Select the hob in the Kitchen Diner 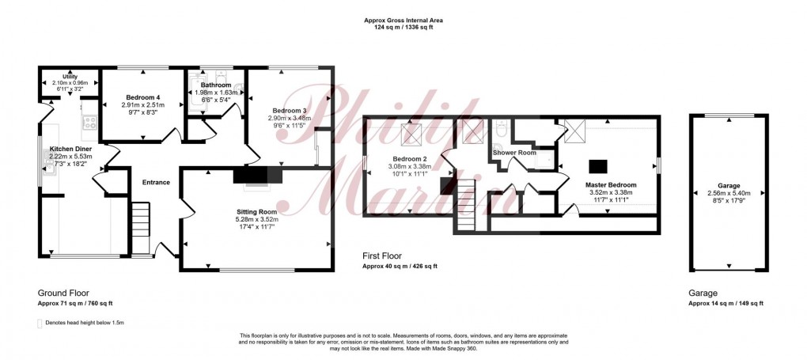[x=89, y=122]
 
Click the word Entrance [x=156, y=183]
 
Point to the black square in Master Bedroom [x=598, y=166]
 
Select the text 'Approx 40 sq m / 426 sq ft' [x=400, y=266]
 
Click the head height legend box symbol [x=40, y=323]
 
